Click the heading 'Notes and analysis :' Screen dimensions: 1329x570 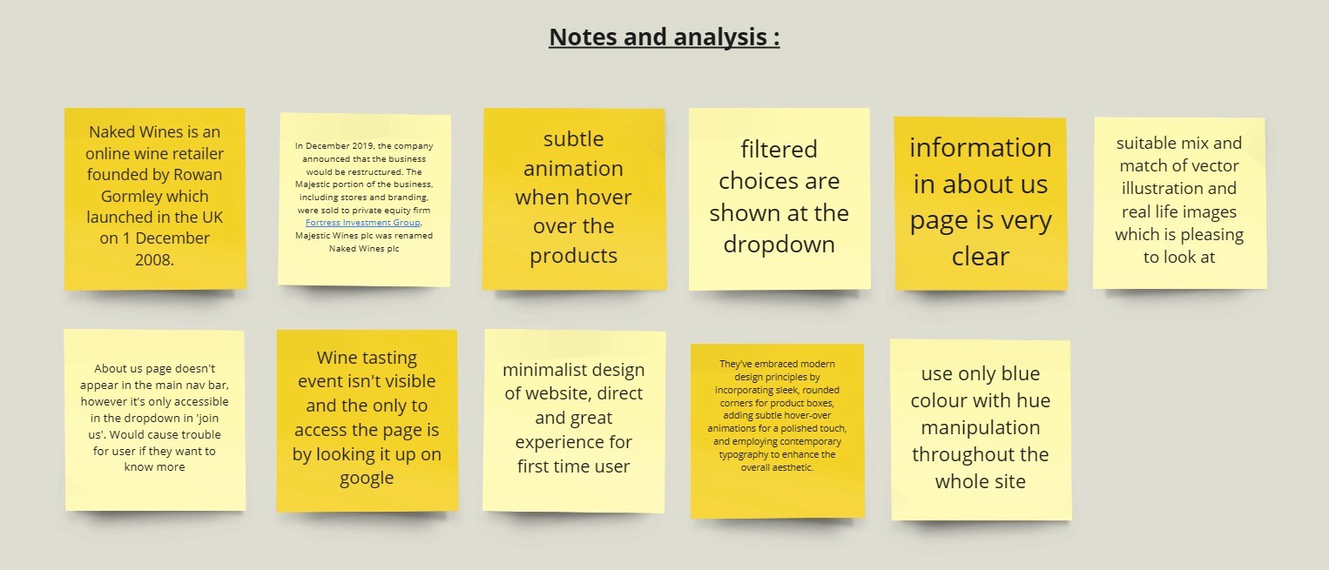(664, 37)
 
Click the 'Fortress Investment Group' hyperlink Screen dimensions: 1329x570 (363, 223)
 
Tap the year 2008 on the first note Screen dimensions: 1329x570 (153, 260)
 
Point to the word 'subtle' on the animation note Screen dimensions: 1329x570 (573, 138)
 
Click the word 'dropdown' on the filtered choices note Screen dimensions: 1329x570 (779, 245)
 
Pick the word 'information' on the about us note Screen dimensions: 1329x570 (980, 147)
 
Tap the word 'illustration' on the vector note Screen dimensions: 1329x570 (1179, 189)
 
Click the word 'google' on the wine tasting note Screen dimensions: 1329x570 (367, 479)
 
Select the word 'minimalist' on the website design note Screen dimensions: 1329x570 (535, 370)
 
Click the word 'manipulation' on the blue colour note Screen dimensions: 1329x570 (980, 427)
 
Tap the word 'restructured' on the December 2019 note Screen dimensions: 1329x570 (394, 172)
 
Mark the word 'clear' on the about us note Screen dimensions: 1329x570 (980, 256)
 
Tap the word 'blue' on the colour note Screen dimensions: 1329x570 (1021, 373)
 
